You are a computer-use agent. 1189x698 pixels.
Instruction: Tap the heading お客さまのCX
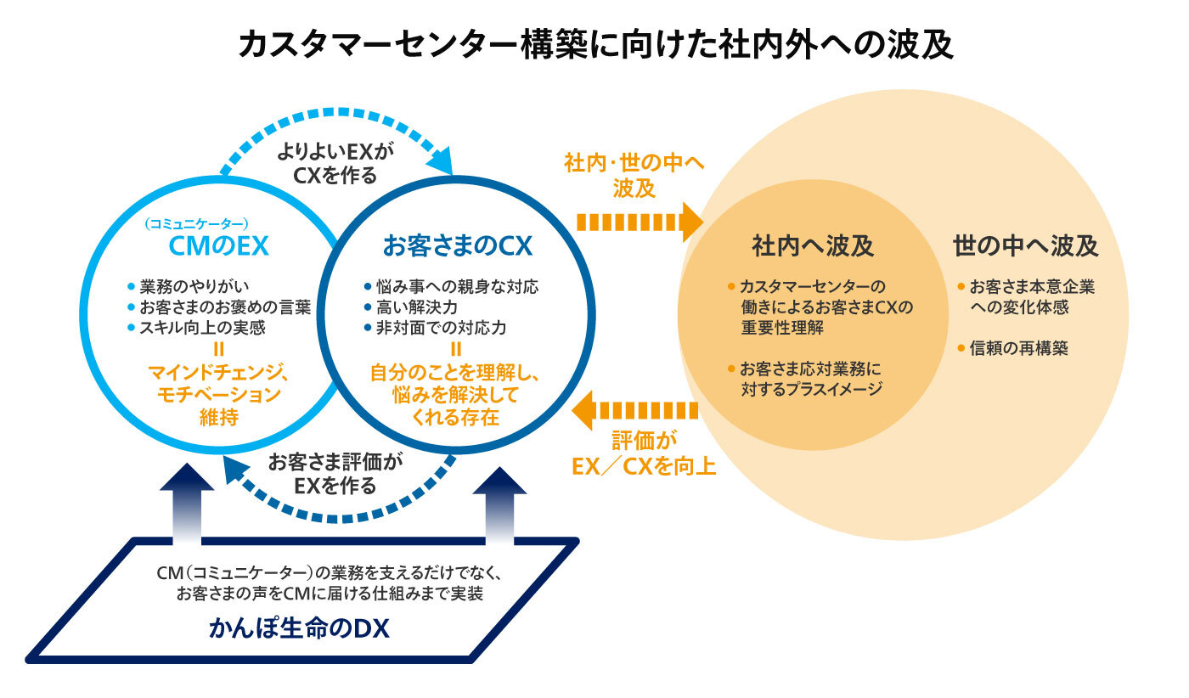[x=457, y=246]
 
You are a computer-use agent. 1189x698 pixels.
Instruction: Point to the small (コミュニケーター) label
[x=196, y=224]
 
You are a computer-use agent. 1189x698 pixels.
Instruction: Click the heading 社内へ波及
[x=812, y=246]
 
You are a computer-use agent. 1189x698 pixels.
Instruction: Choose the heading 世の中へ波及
[x=1025, y=246]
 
